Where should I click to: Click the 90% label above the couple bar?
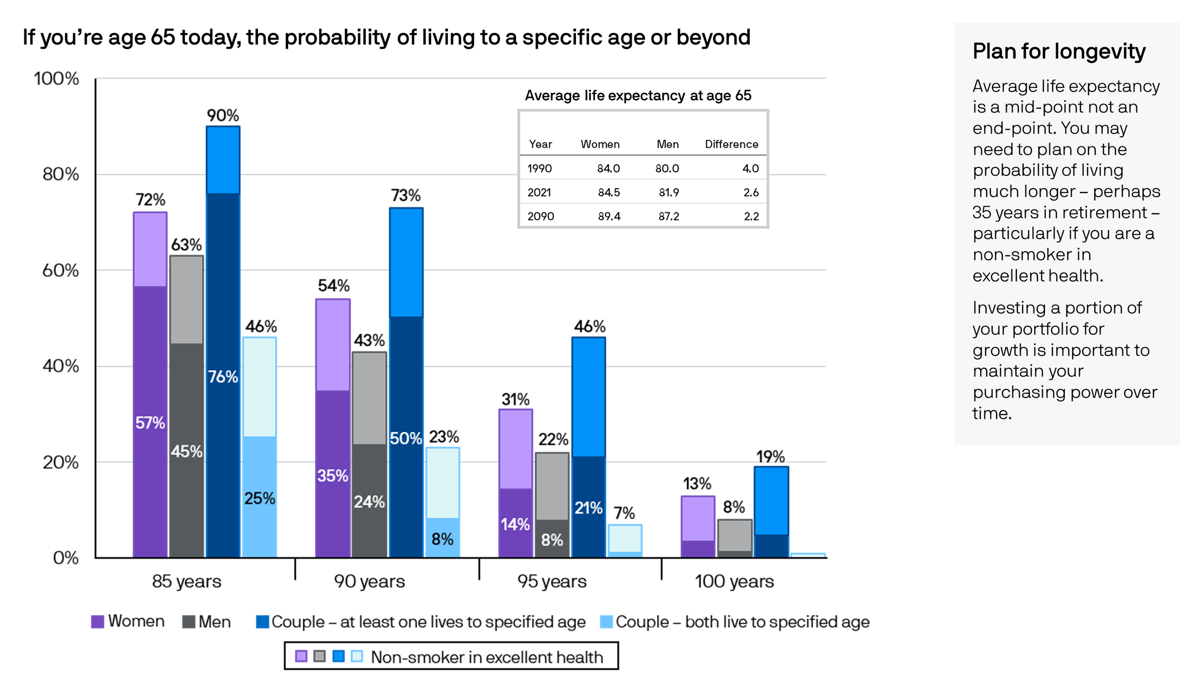click(223, 115)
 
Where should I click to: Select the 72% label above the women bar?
click(150, 199)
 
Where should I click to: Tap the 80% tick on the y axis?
click(61, 174)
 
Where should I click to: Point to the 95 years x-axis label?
click(552, 581)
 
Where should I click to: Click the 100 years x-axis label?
click(734, 581)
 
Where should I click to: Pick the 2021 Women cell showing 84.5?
click(609, 193)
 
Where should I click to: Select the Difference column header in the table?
click(731, 144)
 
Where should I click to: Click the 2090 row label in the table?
click(540, 216)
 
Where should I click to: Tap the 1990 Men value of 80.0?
click(667, 169)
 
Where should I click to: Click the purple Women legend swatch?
click(98, 622)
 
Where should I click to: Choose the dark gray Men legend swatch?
click(189, 622)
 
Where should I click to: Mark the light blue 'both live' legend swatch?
click(606, 622)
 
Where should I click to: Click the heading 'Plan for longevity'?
click(1059, 52)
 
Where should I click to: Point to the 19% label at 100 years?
click(770, 456)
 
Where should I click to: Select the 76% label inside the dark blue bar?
click(223, 377)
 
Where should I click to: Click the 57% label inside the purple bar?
click(150, 423)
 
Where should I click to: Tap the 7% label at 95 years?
click(624, 513)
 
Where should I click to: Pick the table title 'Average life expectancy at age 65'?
click(638, 95)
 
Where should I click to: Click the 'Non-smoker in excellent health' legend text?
click(487, 657)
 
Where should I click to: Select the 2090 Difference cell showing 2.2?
click(751, 216)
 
